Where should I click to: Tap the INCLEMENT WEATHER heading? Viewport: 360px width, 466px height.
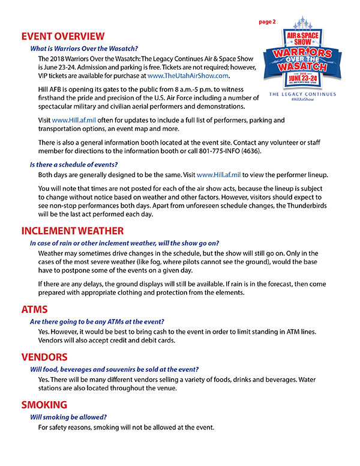pos(73,231)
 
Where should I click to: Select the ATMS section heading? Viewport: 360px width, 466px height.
pos(34,310)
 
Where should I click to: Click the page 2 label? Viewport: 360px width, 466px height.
pos(267,22)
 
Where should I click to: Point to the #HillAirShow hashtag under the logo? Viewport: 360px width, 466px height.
pos(302,100)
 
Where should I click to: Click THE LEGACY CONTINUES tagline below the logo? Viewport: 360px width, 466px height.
pos(302,94)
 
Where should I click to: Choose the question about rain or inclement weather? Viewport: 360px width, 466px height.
pos(124,243)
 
